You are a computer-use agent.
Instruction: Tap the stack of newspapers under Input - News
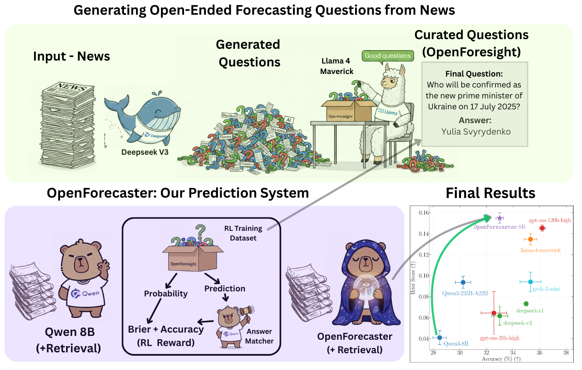(x=67, y=126)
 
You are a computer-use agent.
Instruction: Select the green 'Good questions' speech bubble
(x=387, y=55)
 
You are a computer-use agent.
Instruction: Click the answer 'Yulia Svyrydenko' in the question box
(x=476, y=132)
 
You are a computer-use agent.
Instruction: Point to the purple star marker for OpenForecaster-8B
(x=500, y=218)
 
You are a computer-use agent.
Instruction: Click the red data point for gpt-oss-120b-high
(x=542, y=228)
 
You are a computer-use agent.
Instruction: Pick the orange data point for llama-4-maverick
(x=530, y=239)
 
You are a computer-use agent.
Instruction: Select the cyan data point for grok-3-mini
(x=530, y=282)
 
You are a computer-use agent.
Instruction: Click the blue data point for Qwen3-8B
(x=440, y=338)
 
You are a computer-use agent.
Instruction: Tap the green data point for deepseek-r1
(x=526, y=304)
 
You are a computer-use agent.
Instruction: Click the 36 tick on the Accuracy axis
(x=540, y=353)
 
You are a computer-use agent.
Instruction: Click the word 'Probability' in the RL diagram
(x=166, y=293)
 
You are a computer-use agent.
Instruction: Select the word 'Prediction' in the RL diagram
(x=225, y=288)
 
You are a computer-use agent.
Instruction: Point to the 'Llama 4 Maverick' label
(x=337, y=66)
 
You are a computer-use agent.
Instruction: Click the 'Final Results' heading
(x=490, y=193)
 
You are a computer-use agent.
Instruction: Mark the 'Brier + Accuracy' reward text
(x=166, y=330)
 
